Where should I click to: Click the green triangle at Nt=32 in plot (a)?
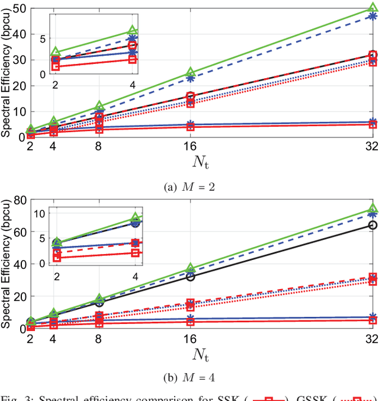click(372, 8)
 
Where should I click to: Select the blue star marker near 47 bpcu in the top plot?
click(372, 16)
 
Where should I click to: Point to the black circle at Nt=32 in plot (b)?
click(372, 225)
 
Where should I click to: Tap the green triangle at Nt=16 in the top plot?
click(191, 72)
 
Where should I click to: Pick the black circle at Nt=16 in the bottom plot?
click(191, 277)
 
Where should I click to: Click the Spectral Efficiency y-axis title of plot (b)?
click(7, 264)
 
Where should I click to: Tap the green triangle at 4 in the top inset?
click(133, 30)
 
